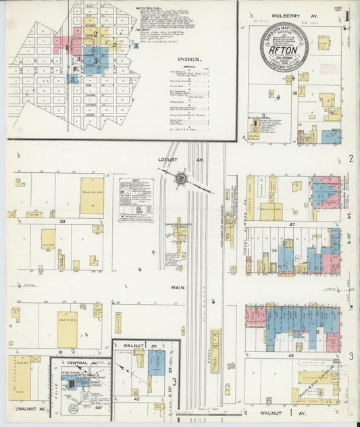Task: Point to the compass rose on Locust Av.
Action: click(x=181, y=178)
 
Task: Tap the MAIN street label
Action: click(x=178, y=287)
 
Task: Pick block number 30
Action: click(x=61, y=221)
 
